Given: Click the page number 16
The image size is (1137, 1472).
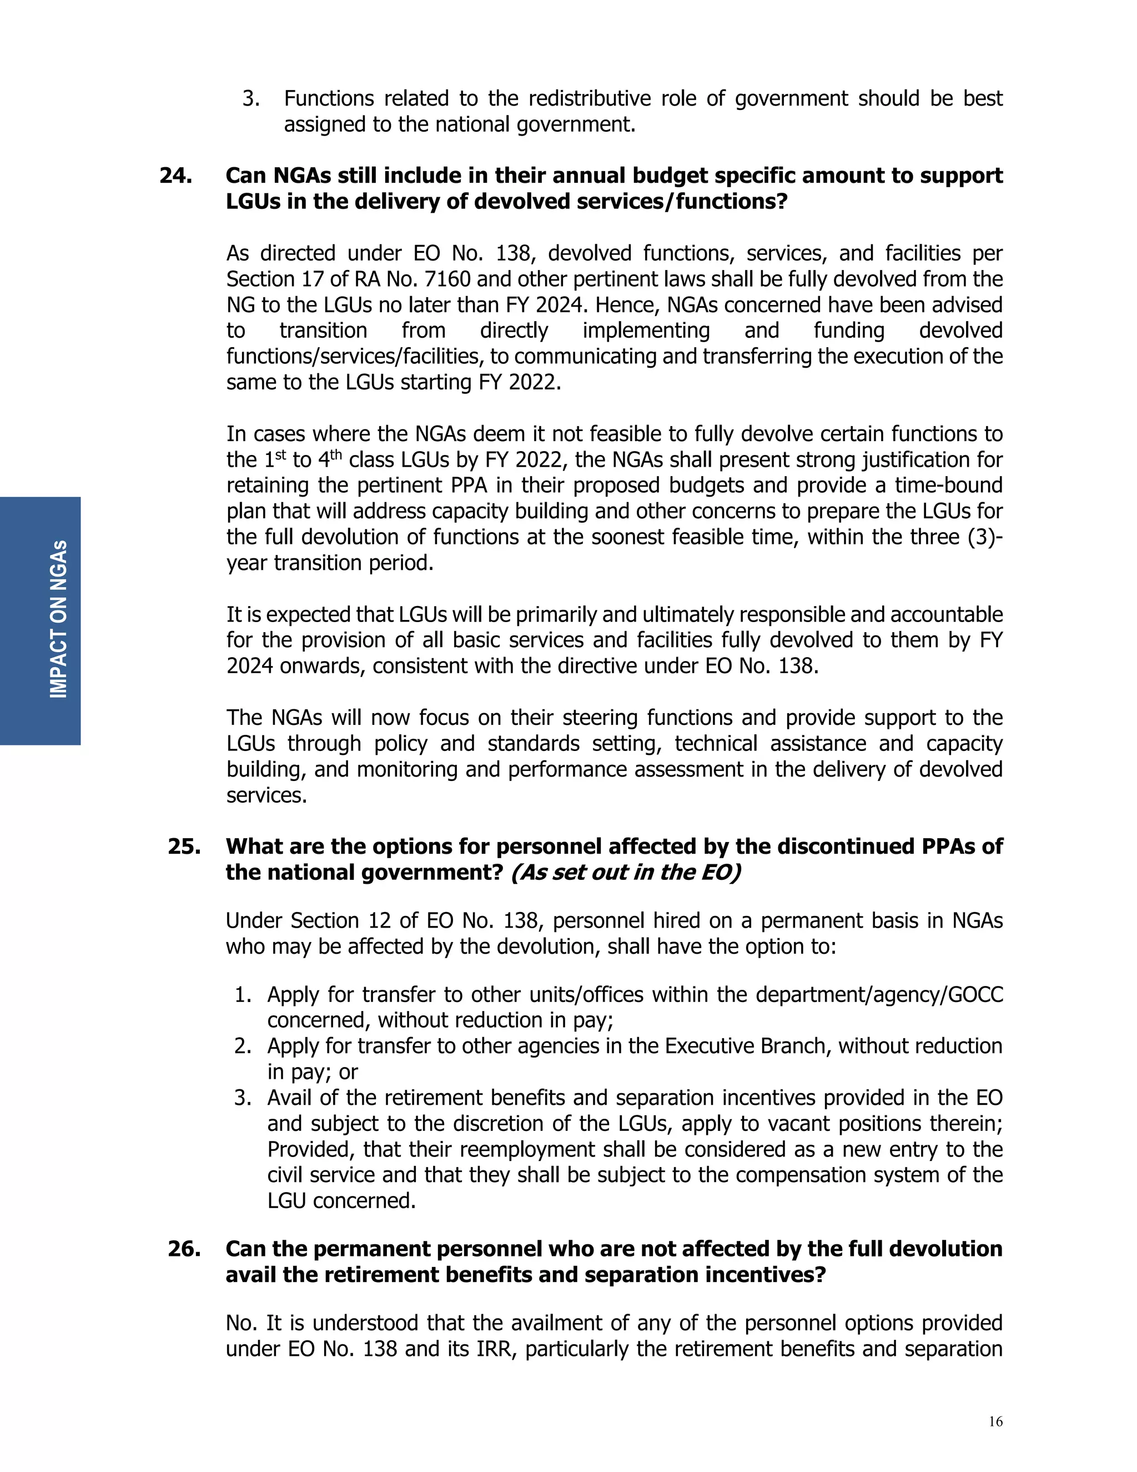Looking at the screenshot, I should coord(995,1421).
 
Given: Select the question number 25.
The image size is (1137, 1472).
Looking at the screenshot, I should coord(184,846).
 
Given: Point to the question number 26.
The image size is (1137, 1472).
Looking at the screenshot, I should coord(184,1248).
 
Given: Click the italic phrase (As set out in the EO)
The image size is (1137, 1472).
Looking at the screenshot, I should coord(625,872).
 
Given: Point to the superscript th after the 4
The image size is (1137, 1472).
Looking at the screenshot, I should coord(335,455).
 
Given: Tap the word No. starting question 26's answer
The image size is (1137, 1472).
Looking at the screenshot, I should coord(242,1323).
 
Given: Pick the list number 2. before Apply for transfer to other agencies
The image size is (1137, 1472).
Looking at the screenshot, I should coord(243,1046).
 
